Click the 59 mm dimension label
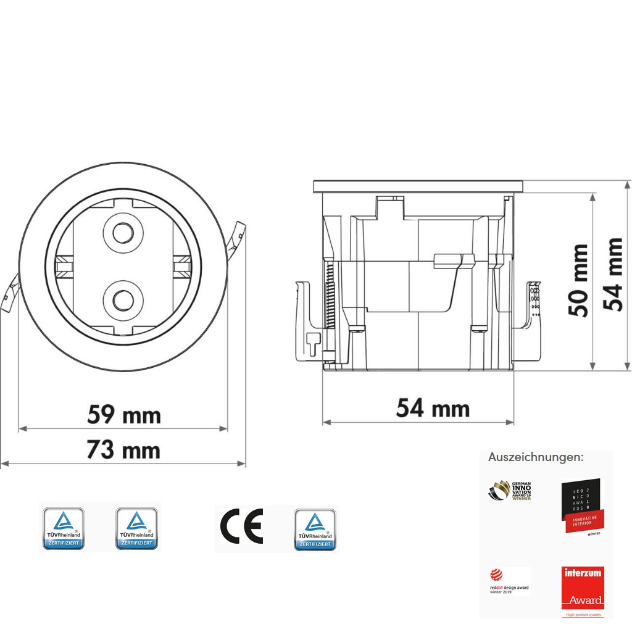point(123,415)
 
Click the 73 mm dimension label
point(123,450)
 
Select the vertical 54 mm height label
point(613,274)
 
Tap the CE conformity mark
point(241,526)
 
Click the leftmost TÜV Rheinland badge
point(62,529)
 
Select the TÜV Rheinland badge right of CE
point(315,529)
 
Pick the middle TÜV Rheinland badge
point(137,529)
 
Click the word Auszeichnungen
point(535,457)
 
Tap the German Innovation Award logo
point(510,491)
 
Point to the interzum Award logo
point(583,589)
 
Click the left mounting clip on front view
point(9,296)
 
